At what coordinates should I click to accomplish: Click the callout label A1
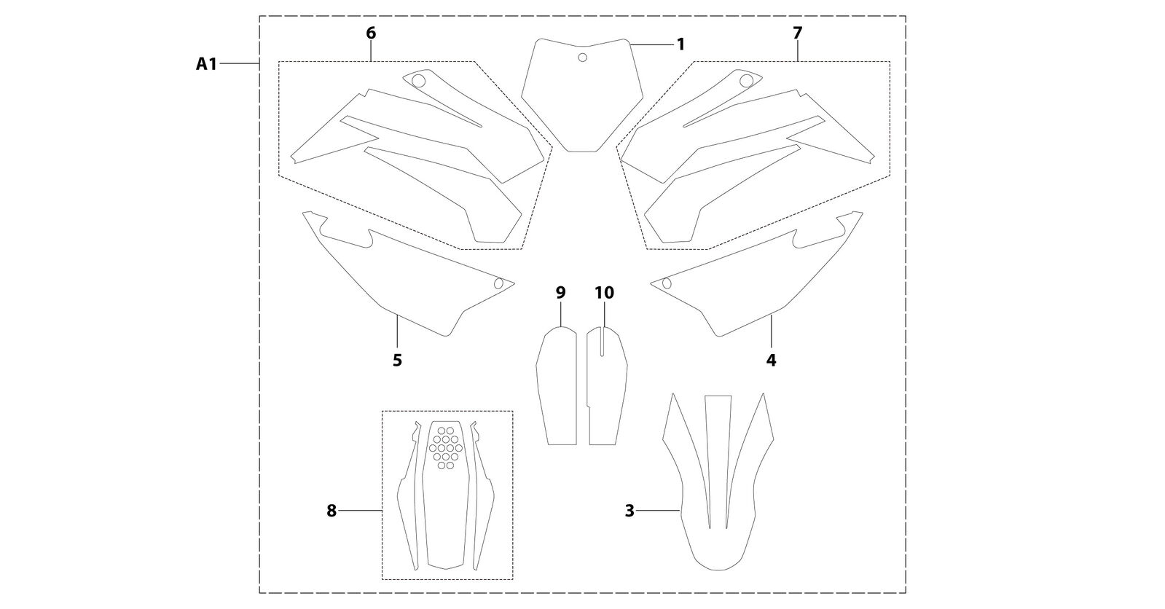(x=206, y=64)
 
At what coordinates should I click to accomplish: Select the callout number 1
(x=680, y=44)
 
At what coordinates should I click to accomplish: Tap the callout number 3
(x=629, y=511)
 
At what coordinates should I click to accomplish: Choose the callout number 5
(x=397, y=360)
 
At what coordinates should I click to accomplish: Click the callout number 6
(x=371, y=33)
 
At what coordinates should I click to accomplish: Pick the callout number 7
(x=798, y=33)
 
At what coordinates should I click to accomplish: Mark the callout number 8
(x=332, y=511)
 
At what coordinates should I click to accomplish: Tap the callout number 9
(x=560, y=293)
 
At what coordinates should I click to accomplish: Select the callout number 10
(x=604, y=293)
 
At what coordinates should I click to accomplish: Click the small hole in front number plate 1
(x=583, y=58)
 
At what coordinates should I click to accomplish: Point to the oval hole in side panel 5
(x=498, y=283)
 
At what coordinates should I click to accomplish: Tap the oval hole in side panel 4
(x=666, y=283)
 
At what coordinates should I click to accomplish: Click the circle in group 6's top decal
(x=419, y=81)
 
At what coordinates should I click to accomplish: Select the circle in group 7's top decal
(x=746, y=81)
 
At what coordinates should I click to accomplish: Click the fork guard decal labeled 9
(x=557, y=385)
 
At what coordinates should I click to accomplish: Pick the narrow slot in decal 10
(x=602, y=341)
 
